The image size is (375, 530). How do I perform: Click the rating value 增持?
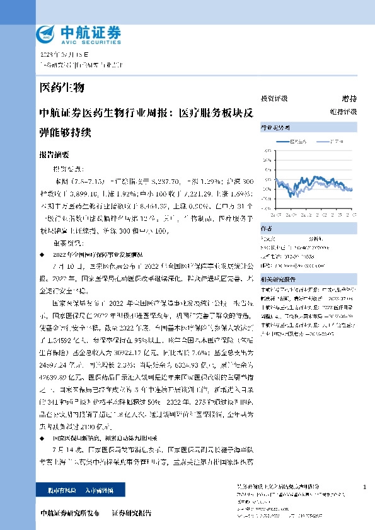click(349, 99)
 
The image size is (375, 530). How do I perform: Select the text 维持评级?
click(347, 111)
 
